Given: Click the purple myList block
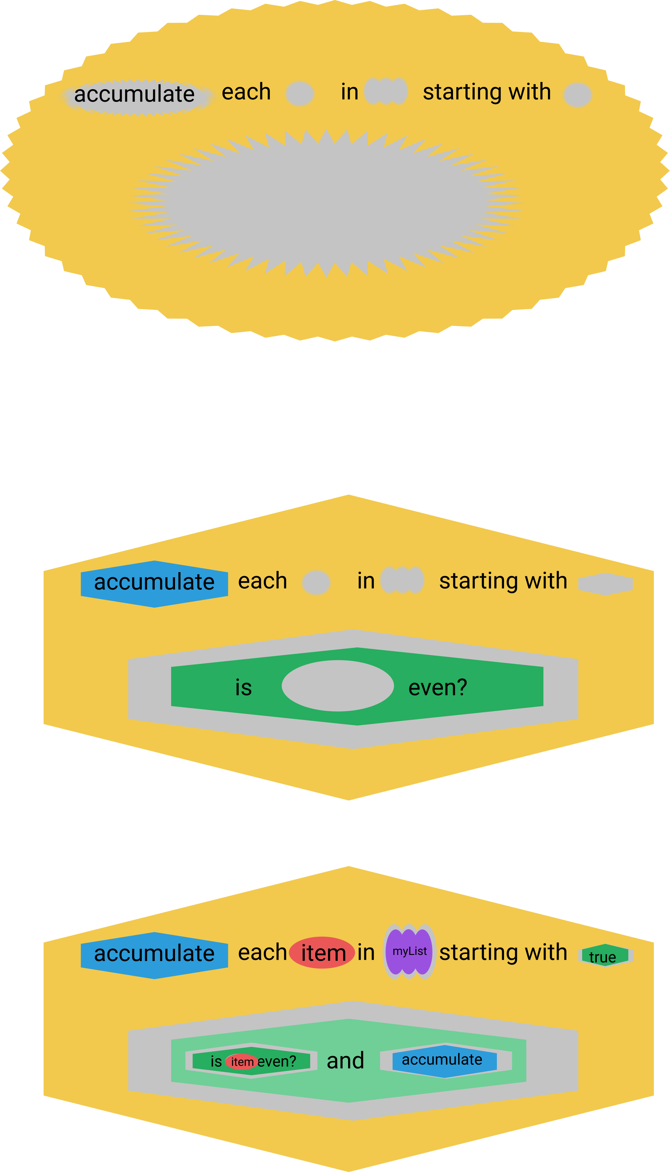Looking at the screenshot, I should coord(409,951).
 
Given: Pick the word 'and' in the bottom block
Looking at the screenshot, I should coord(345,1061).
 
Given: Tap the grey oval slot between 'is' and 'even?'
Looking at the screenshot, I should coord(338,686).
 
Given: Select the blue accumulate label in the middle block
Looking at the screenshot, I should coord(154,583).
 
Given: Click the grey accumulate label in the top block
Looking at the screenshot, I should coord(134,95).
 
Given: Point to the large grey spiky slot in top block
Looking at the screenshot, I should coord(327,203).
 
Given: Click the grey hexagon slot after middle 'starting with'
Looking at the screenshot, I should coord(605,584).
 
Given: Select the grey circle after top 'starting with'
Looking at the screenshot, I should coord(577,95).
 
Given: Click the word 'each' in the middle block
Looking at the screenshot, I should coord(262,581).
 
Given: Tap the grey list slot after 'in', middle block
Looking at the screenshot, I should coord(402,581).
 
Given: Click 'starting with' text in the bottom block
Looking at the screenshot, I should coord(503,952).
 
